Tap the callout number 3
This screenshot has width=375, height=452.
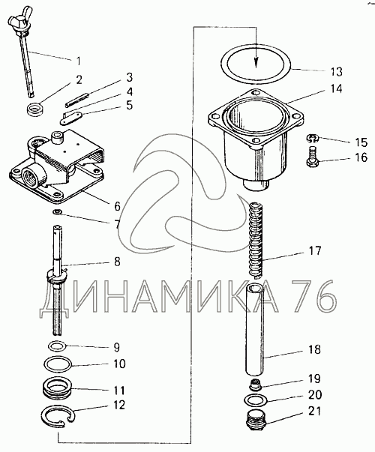[129, 77]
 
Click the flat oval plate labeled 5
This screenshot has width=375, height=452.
[71, 118]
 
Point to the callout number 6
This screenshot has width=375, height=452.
[117, 206]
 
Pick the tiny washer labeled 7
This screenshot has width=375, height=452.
[56, 212]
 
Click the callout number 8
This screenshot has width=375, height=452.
[117, 262]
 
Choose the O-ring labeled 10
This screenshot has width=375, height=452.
[58, 364]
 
